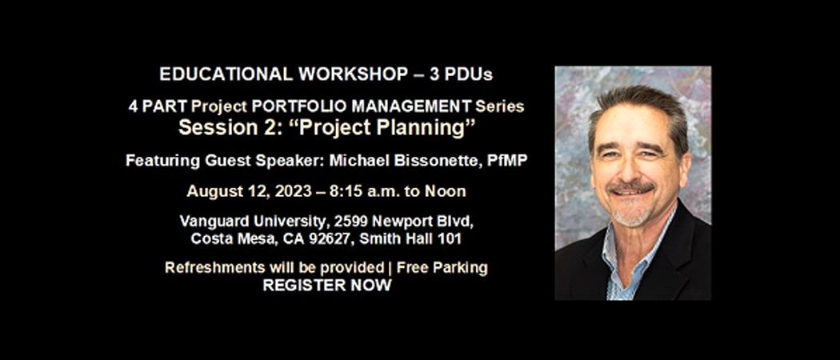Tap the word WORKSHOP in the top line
pyautogui.click(x=353, y=74)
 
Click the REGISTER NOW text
pyautogui.click(x=326, y=286)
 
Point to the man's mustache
pyautogui.click(x=633, y=187)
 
